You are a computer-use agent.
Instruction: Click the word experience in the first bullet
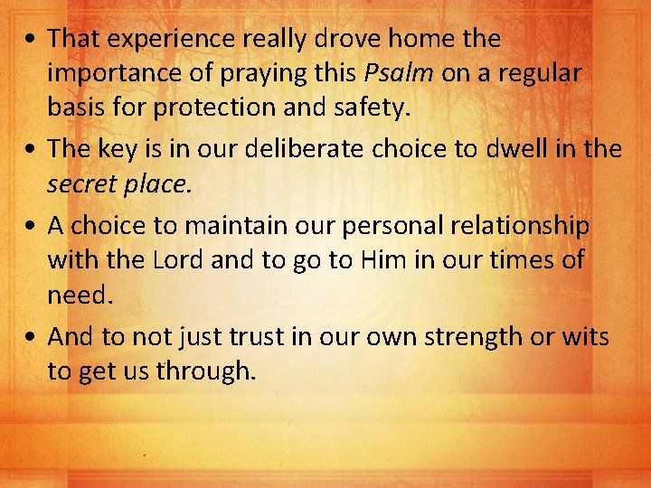pyautogui.click(x=173, y=39)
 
